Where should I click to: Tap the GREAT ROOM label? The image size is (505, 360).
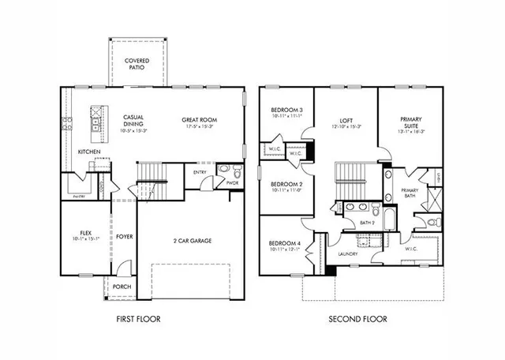coord(199,120)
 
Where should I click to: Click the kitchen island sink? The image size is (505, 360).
coord(95,122)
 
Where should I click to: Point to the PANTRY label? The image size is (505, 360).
coord(79,196)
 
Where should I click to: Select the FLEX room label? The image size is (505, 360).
coord(86,233)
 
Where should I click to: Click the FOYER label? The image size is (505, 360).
coord(125,236)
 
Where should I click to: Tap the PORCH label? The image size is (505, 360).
coord(122,287)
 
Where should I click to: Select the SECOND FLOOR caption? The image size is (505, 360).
coord(359,320)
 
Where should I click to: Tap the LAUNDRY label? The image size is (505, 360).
coord(348,253)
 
